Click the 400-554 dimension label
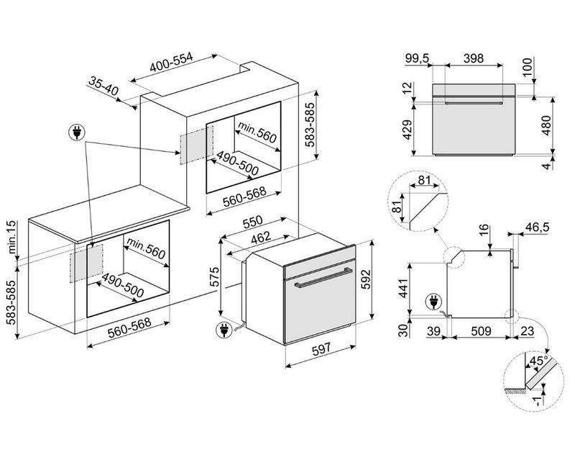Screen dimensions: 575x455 171,62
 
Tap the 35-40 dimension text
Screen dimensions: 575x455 103,86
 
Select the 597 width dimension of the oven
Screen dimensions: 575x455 321,349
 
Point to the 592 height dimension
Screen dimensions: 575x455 366,279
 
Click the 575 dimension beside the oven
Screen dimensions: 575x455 214,276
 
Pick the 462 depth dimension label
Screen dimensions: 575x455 261,238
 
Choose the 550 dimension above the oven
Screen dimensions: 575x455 253,221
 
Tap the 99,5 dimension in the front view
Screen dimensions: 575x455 418,58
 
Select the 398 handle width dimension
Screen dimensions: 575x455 474,58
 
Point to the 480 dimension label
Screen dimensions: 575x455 546,125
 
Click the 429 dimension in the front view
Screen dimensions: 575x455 407,130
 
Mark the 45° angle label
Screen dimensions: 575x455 538,361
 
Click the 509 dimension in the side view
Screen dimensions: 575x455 481,331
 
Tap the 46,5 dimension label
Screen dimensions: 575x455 538,227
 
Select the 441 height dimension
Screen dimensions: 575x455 403,288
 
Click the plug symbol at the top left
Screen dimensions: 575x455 77,132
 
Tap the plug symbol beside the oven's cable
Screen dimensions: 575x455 224,330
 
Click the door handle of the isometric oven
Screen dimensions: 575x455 323,278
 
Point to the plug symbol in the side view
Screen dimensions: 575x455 433,302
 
